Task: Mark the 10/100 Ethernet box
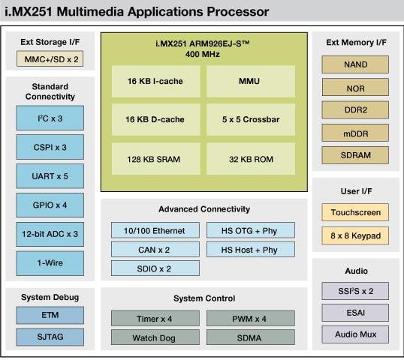155,230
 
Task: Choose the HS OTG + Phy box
250,230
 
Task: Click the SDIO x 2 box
155,268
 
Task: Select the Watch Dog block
155,337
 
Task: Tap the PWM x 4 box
250,318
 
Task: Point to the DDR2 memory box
354,110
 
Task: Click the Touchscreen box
354,213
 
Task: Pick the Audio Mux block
354,334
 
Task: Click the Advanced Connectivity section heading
204,209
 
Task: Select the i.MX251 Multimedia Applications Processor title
135,11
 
